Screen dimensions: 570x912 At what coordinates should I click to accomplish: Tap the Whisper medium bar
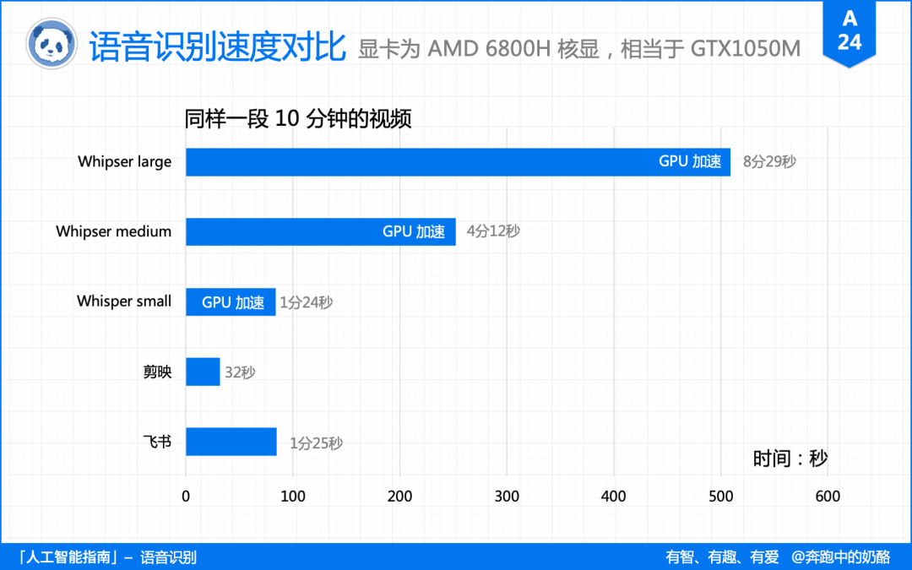[x=320, y=231]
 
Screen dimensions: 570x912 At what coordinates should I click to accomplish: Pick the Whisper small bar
[x=230, y=301]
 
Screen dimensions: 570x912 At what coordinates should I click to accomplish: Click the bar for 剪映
[x=203, y=372]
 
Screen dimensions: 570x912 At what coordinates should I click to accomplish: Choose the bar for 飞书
[x=231, y=442]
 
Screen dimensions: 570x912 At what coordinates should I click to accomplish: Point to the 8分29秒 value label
[x=769, y=162]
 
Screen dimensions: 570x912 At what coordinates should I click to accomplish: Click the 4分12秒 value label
[x=493, y=231]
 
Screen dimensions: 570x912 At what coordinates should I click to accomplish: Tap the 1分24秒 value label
[x=307, y=302]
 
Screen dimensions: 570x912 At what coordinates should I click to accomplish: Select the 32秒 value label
[x=240, y=372]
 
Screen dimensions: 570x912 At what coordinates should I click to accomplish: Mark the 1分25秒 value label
[x=316, y=443]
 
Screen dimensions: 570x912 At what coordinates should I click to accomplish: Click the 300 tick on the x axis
[x=507, y=497]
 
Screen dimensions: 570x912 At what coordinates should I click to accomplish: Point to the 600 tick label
[x=827, y=497]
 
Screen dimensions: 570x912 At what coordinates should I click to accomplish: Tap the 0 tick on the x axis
[x=186, y=497]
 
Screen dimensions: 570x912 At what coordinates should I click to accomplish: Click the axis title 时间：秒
[x=790, y=459]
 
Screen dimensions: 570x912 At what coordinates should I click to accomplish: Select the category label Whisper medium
[x=114, y=231]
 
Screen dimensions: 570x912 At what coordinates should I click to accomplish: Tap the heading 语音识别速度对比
[x=217, y=46]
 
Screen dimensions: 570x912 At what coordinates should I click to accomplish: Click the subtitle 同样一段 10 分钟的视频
[x=298, y=119]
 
